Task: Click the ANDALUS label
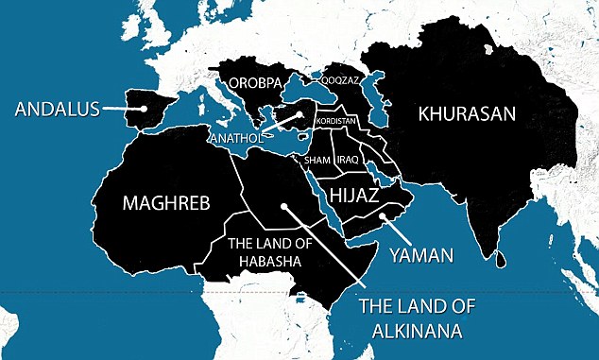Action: [x=58, y=109]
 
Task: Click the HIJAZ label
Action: [x=356, y=196]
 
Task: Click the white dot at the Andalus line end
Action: [x=144, y=109]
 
